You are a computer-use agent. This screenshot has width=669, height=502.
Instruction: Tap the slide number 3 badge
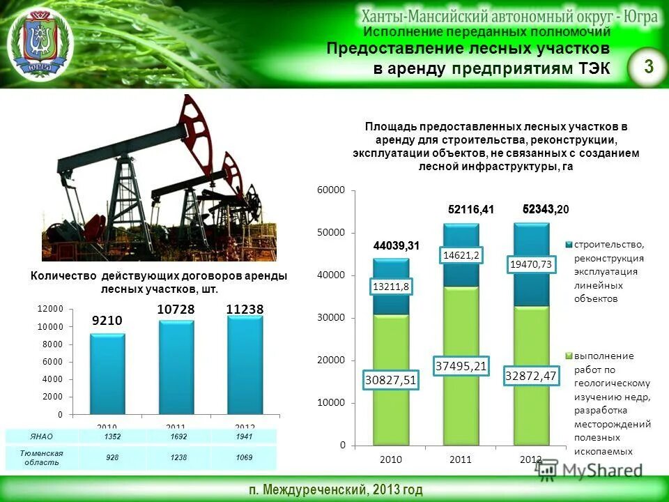pyautogui.click(x=649, y=67)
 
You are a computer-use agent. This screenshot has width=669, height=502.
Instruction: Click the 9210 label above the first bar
pyautogui.click(x=107, y=321)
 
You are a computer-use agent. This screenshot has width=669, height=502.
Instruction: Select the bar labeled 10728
pyautogui.click(x=176, y=367)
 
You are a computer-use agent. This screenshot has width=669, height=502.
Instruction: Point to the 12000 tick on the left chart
pyautogui.click(x=49, y=309)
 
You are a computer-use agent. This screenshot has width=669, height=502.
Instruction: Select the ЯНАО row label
pyautogui.click(x=41, y=437)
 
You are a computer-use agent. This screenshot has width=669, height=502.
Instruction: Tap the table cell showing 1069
pyautogui.click(x=244, y=457)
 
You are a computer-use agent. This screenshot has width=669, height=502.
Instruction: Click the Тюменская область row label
pyautogui.click(x=41, y=458)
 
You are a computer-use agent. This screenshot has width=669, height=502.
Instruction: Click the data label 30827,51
pyautogui.click(x=391, y=379)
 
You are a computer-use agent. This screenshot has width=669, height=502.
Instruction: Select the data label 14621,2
pyautogui.click(x=461, y=256)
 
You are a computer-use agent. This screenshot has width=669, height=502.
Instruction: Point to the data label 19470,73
pyautogui.click(x=531, y=264)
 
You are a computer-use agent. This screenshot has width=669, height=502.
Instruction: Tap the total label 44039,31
pyautogui.click(x=396, y=245)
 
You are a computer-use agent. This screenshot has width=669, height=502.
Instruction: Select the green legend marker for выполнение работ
pyautogui.click(x=569, y=356)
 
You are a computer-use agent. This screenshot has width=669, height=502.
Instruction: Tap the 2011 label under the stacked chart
pyautogui.click(x=461, y=459)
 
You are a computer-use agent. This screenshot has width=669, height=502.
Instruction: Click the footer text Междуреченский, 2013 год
pyautogui.click(x=334, y=489)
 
